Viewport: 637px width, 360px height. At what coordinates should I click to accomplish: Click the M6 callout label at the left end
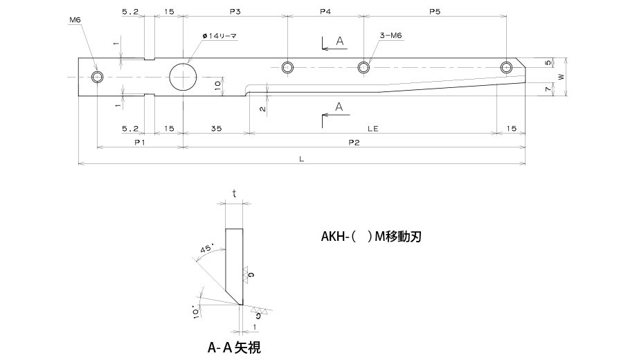tap(75, 21)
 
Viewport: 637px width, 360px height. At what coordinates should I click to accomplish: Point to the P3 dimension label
tap(234, 12)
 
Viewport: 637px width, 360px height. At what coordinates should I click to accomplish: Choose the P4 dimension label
tap(325, 12)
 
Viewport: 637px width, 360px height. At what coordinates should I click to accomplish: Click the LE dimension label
tap(373, 128)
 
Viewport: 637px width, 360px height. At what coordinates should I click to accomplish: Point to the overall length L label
tap(302, 159)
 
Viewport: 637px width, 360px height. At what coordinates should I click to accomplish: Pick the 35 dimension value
tap(215, 128)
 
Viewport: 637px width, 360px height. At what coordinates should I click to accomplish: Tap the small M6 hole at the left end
tap(97, 76)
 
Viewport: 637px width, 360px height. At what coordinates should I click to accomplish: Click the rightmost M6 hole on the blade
tap(507, 67)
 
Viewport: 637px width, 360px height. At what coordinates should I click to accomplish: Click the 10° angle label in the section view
tap(197, 311)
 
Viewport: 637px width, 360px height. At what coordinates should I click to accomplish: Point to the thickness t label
tap(234, 195)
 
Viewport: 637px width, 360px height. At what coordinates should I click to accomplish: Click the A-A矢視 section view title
tap(234, 348)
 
